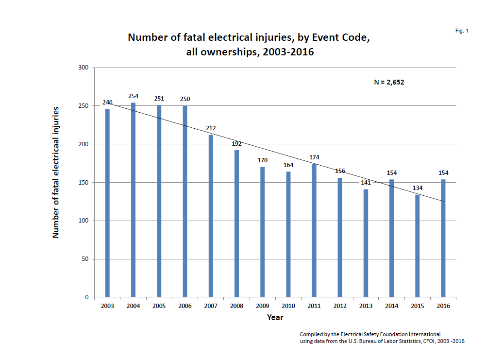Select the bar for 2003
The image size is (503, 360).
point(107,203)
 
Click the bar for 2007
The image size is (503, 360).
point(211,216)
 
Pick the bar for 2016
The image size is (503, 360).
point(443,238)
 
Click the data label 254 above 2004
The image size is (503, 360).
point(134,96)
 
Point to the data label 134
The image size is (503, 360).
point(418,188)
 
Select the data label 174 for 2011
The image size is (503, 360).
point(314,157)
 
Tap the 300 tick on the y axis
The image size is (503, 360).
point(83,68)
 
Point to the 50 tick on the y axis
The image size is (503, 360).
point(84,259)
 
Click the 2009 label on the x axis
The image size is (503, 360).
point(262,306)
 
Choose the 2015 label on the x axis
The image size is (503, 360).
point(418,306)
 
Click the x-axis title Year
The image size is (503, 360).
point(275,317)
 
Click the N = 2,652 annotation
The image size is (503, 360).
point(389,82)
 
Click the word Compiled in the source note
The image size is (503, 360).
point(312,334)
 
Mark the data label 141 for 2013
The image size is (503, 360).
point(366,183)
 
